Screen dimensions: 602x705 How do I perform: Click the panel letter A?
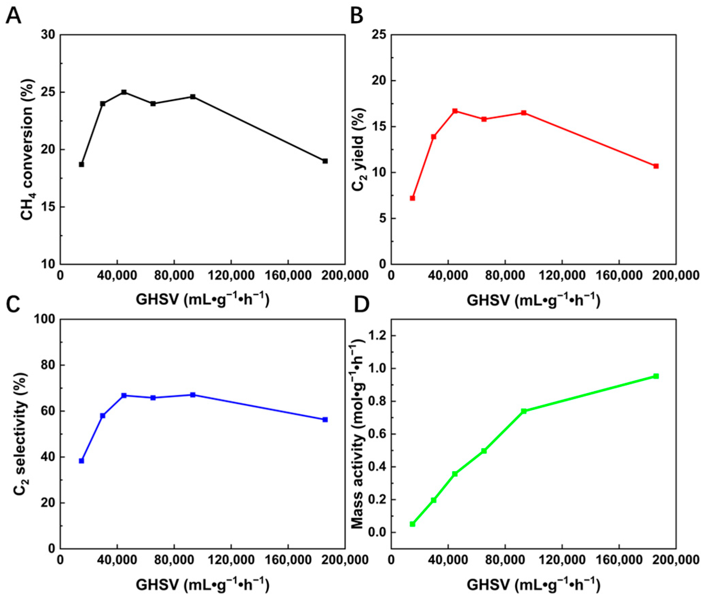14,16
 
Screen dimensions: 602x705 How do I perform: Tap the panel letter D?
361,304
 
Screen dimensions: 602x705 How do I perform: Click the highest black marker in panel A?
124,92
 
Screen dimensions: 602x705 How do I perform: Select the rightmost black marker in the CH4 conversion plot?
325,161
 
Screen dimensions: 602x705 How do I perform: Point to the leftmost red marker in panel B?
412,198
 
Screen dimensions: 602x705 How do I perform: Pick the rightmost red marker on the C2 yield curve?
656,166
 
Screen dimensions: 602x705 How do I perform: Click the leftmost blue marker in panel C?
81,461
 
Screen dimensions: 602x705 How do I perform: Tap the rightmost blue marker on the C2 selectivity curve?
325,419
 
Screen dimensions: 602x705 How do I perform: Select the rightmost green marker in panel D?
656,376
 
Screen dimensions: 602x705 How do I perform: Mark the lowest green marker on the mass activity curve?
412,524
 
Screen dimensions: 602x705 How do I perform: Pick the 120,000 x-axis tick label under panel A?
231,276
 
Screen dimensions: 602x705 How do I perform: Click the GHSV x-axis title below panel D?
533,585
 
